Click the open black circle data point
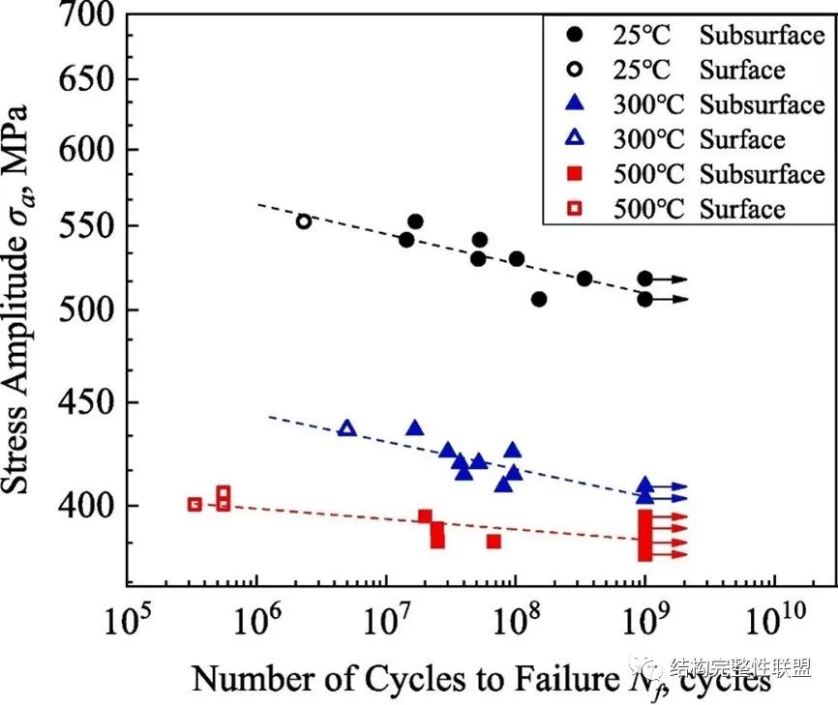(x=304, y=221)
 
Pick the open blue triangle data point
(x=346, y=428)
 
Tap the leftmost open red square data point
(x=195, y=504)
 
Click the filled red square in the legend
(x=575, y=175)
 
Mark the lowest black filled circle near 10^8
(x=539, y=299)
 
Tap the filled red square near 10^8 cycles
(x=494, y=541)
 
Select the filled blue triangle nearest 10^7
(x=415, y=427)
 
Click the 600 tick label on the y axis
(x=88, y=150)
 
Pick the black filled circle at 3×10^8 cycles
(x=584, y=279)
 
